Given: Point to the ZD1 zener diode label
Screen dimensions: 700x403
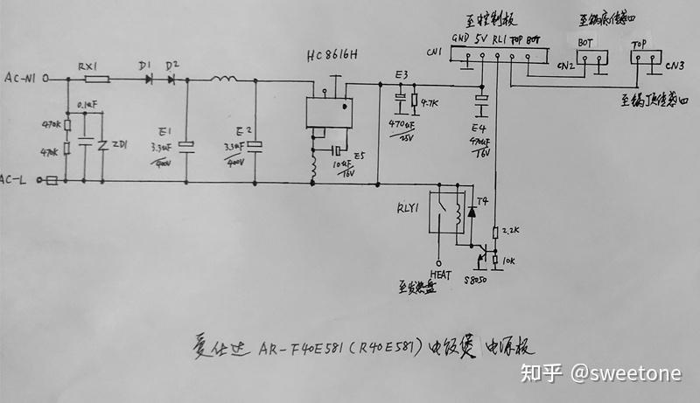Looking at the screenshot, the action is click(120, 145).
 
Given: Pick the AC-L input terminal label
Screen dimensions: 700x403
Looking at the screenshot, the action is click(18, 181).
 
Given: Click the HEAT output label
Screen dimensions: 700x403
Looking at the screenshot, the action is click(439, 272).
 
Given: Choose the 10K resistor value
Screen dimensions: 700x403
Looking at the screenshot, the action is click(509, 261).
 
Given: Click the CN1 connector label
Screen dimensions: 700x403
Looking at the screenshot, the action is click(434, 52).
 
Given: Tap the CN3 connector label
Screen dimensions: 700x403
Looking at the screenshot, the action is click(674, 65).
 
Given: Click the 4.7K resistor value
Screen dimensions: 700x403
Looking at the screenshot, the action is click(429, 104).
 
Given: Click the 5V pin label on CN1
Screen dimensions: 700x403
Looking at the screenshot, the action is click(480, 39).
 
